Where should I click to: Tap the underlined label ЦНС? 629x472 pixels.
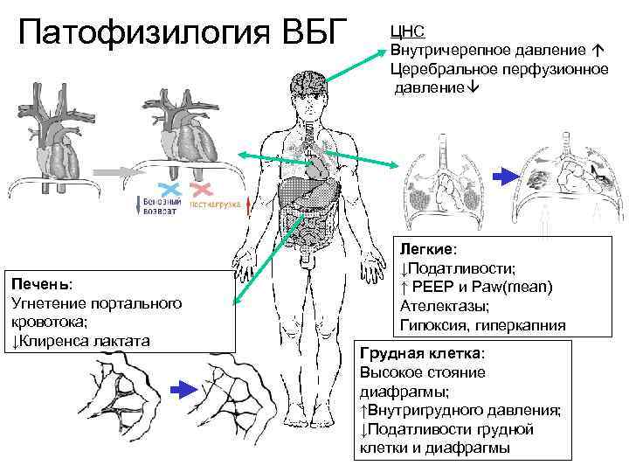[407, 31]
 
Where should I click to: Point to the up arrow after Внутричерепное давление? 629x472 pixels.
[598, 50]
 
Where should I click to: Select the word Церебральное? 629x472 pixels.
[439, 69]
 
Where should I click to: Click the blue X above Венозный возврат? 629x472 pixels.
[169, 189]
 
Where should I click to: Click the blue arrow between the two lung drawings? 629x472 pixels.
[506, 176]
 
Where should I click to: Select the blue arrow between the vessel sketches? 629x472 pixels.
[183, 388]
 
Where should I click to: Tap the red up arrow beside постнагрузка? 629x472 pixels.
[251, 206]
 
